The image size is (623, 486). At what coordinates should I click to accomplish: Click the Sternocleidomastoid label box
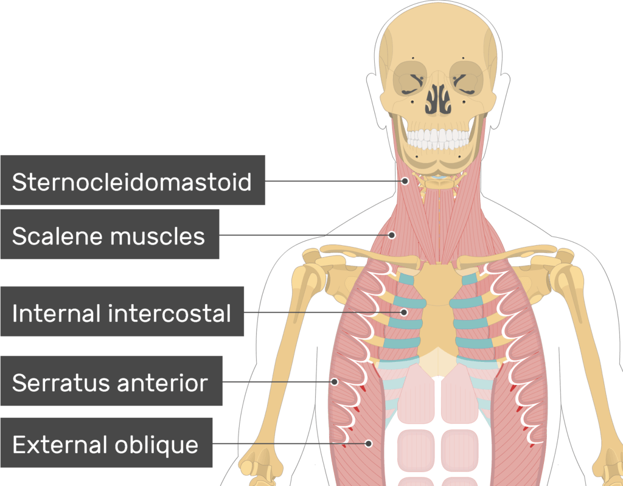[x=133, y=180]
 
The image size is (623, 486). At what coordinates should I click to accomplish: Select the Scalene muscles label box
[x=110, y=234]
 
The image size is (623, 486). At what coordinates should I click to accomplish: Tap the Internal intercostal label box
[x=122, y=311]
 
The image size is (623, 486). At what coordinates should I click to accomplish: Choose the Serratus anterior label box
[x=111, y=381]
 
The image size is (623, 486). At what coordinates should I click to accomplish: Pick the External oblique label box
[x=106, y=442]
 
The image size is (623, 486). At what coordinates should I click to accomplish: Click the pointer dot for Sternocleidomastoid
[x=405, y=181]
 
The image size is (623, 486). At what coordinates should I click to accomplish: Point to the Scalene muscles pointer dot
[x=392, y=235]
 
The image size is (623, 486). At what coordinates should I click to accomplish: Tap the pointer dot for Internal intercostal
[x=404, y=313]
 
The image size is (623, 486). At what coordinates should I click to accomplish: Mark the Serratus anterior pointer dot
[x=335, y=382]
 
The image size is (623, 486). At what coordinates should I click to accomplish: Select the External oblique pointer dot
[x=369, y=443]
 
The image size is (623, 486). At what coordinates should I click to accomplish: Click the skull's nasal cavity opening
[x=438, y=99]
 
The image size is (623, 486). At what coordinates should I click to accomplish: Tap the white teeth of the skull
[x=438, y=139]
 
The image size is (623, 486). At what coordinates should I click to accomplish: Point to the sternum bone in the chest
[x=437, y=314]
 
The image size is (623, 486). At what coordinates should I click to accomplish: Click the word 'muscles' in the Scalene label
[x=158, y=236]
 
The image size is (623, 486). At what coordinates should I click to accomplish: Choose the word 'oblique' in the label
[x=156, y=445]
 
